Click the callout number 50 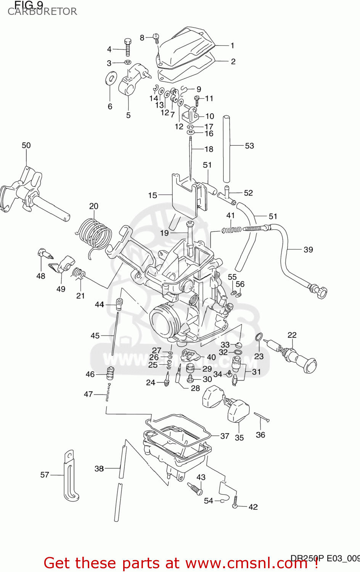coord(26,145)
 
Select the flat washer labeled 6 coord(111,79)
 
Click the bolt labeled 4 coord(128,47)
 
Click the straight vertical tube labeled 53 coord(227,149)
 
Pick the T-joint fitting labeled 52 coord(227,194)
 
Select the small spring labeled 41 coord(231,230)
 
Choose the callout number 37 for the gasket coord(225,436)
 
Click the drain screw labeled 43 coord(195,488)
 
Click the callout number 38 coord(99,469)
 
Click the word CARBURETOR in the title coord(42,12)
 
